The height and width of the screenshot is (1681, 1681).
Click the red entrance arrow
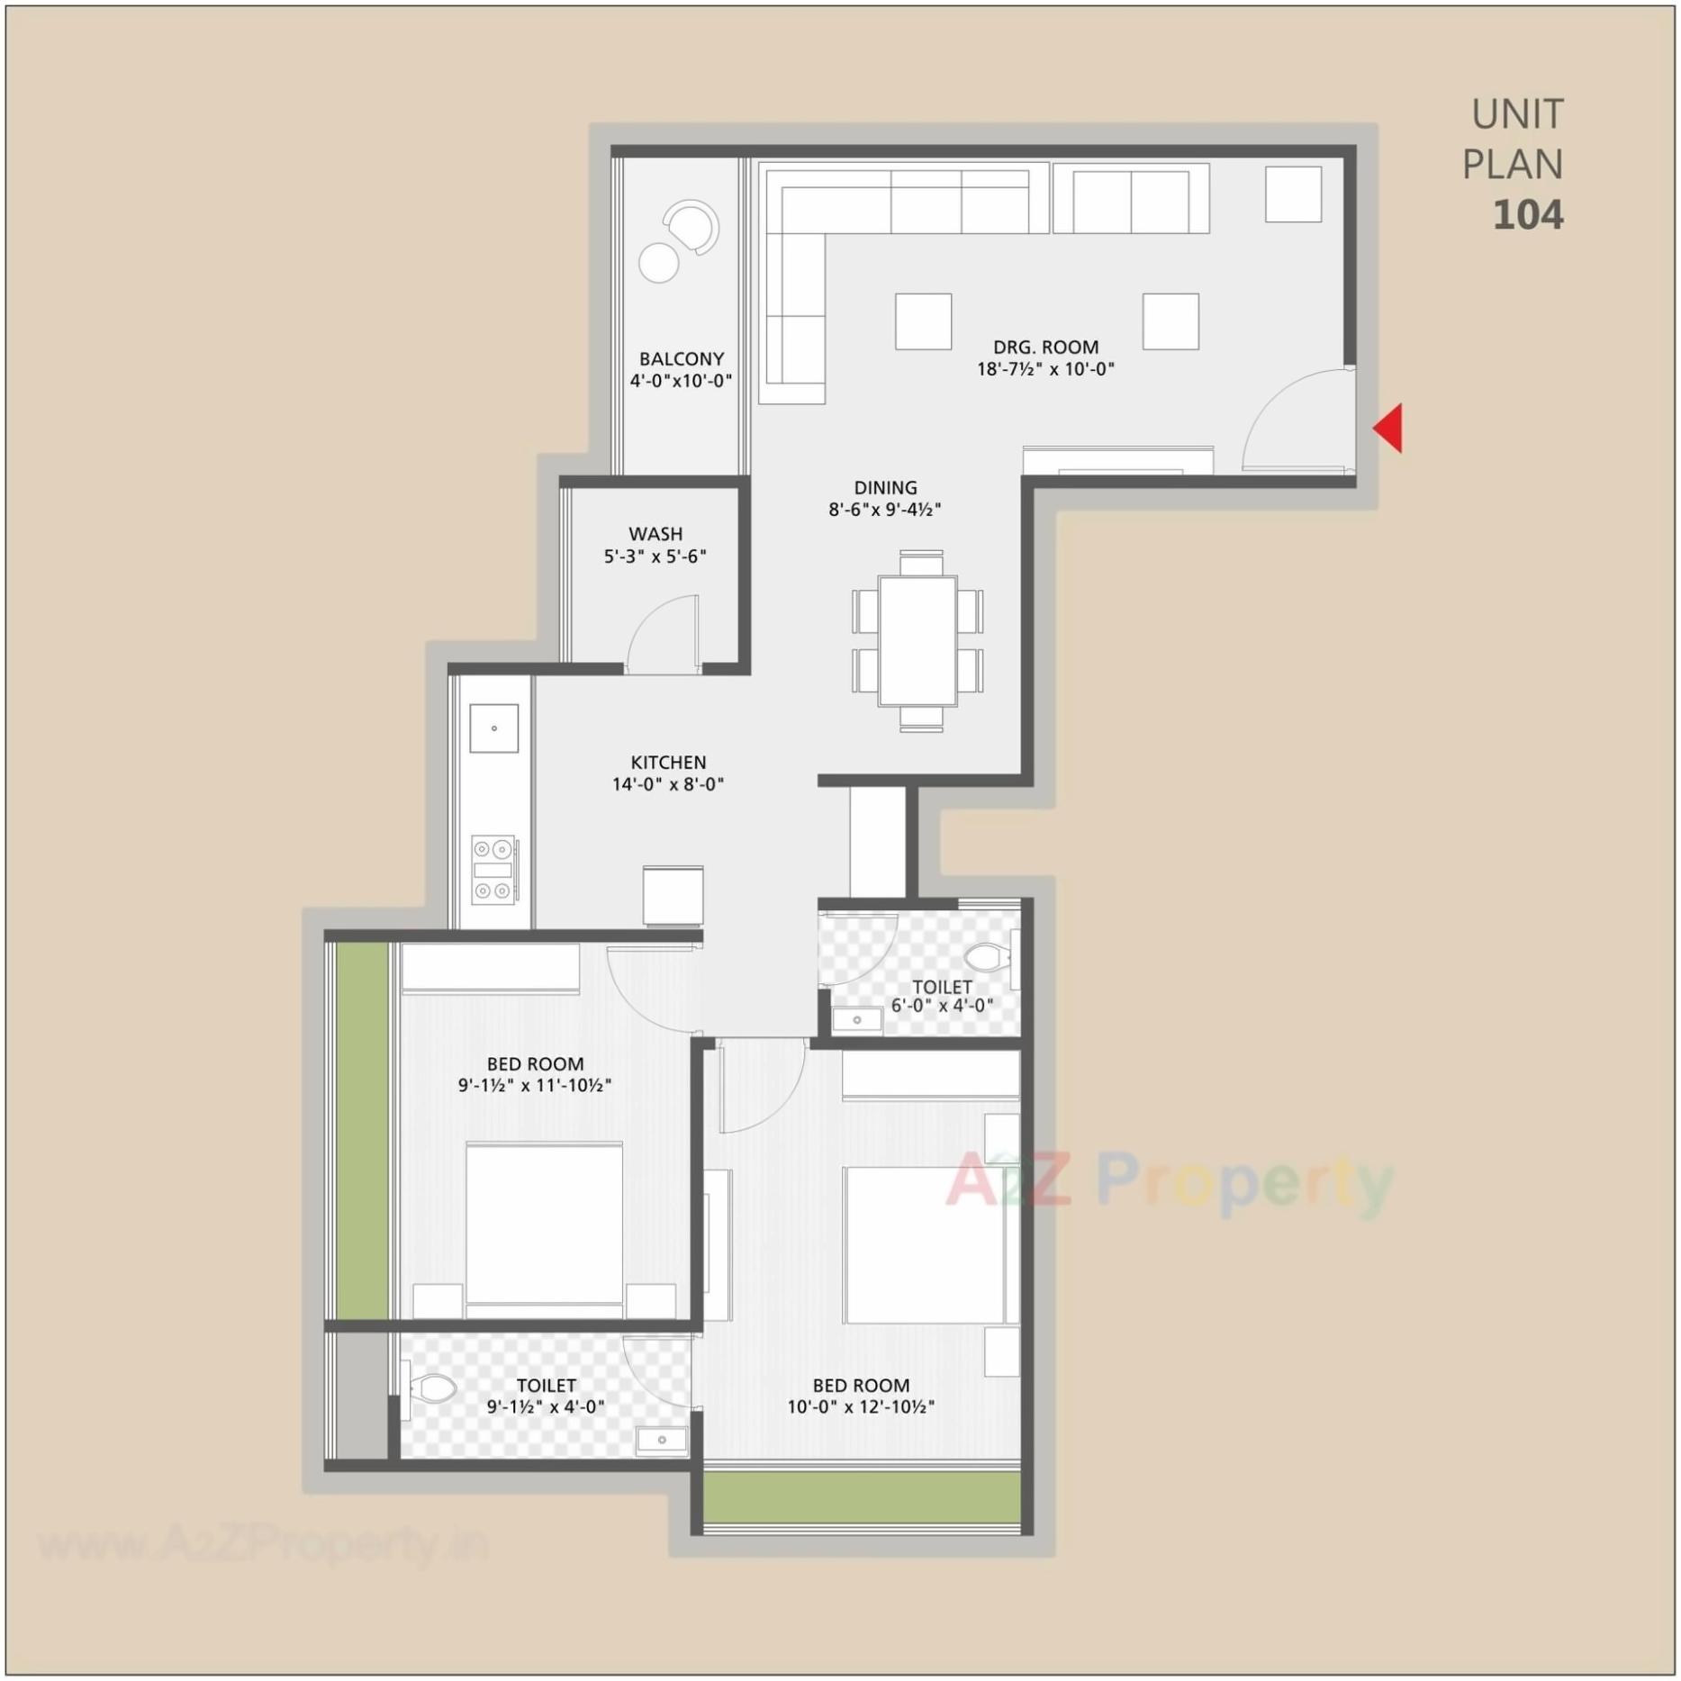coord(1389,429)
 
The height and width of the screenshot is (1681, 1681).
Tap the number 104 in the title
coord(1528,215)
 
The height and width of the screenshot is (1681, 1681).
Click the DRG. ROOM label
coord(1045,347)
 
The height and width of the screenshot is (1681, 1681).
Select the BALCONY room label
coord(681,358)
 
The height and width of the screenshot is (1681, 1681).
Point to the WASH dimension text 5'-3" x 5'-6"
coord(655,556)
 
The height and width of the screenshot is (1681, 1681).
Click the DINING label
coord(885,487)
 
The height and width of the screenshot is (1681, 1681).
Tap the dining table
coord(917,640)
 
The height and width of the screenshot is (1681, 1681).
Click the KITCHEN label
coord(668,762)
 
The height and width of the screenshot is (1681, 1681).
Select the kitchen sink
coord(493,728)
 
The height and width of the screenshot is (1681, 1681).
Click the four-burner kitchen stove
coord(493,870)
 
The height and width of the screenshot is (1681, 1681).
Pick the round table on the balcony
coord(658,263)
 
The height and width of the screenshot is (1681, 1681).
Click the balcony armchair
coord(691,226)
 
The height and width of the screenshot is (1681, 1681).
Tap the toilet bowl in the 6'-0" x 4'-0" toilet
coord(987,957)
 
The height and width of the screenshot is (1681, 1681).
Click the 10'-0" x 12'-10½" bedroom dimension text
coord(861,1406)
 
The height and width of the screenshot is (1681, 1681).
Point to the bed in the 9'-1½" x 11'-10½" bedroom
coord(544,1225)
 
